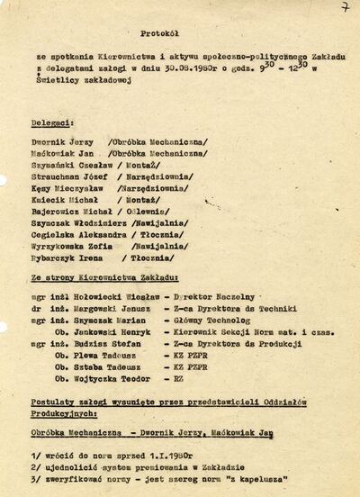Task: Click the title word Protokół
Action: (157, 30)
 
